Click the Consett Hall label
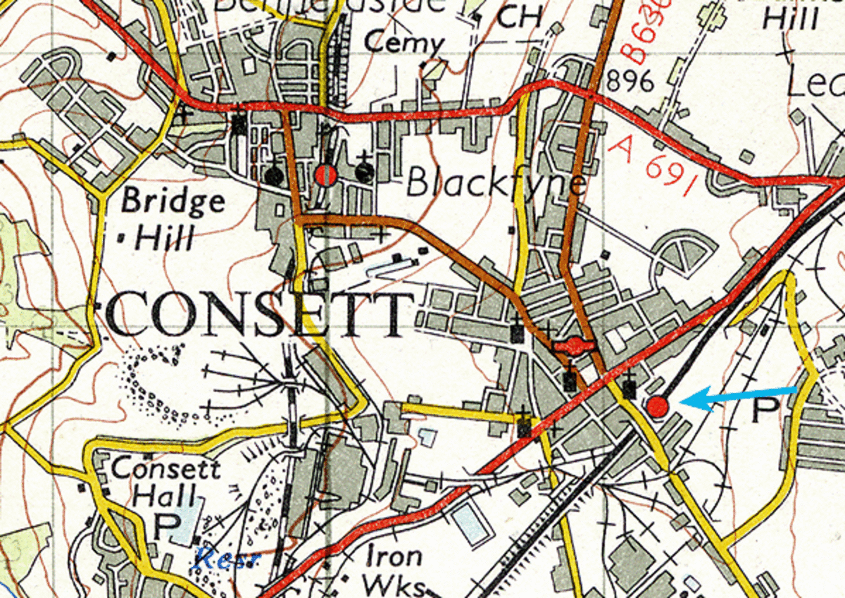click(x=166, y=482)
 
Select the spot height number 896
click(x=630, y=82)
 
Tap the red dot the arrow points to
click(x=657, y=406)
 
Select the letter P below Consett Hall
click(x=167, y=524)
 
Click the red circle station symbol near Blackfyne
click(x=325, y=175)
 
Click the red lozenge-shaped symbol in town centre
click(x=575, y=346)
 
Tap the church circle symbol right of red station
click(x=364, y=173)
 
